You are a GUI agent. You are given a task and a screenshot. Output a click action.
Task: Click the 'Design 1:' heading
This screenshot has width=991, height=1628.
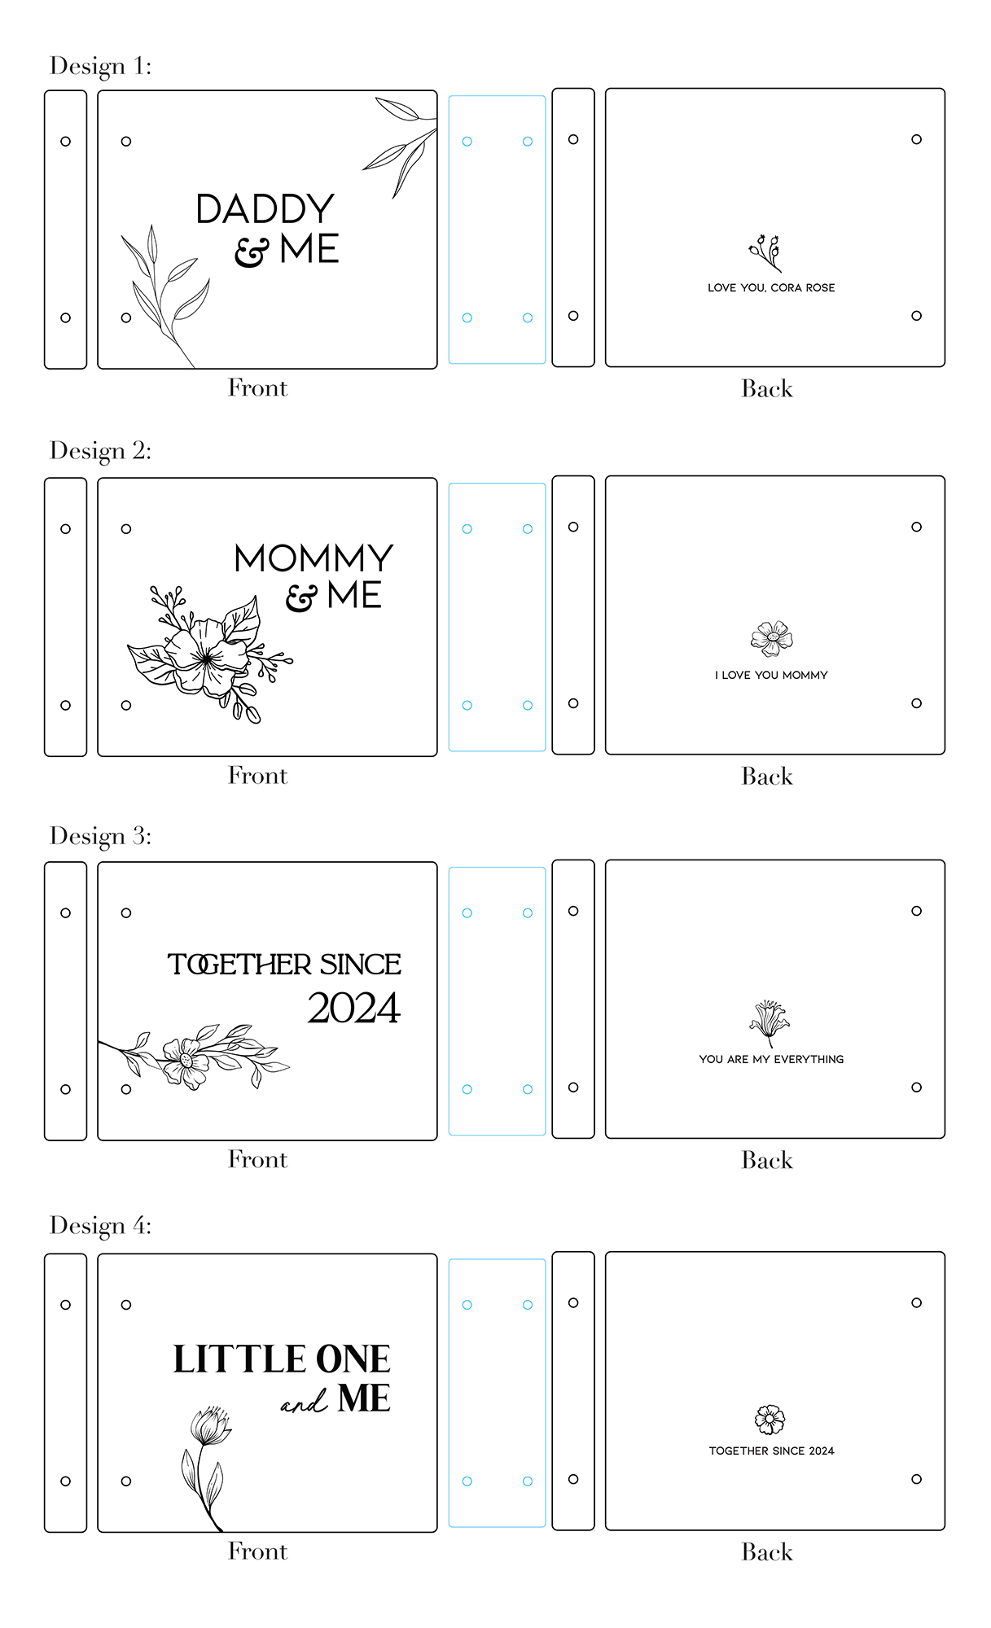[100, 66]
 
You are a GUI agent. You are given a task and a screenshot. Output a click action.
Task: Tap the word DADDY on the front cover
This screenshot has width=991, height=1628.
[265, 209]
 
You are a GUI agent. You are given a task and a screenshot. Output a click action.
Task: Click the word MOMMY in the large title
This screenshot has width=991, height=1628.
[314, 558]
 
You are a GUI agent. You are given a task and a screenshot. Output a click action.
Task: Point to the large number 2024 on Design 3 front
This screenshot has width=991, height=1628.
[354, 1008]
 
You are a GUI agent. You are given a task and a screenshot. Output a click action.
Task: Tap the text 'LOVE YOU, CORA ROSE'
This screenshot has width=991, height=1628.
[771, 287]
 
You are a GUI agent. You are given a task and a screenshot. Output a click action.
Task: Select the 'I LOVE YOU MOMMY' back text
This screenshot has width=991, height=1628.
[771, 675]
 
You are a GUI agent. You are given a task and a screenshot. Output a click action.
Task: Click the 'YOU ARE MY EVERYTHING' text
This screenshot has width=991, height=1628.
[771, 1059]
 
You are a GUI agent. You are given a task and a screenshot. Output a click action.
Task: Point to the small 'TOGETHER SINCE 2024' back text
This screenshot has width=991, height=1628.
[771, 1451]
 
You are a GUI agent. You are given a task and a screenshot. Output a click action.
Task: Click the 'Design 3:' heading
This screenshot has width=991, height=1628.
[100, 836]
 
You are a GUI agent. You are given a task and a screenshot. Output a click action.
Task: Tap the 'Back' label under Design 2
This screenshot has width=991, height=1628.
[767, 777]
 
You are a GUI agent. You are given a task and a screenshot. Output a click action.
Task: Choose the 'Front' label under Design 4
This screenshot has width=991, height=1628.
[257, 1551]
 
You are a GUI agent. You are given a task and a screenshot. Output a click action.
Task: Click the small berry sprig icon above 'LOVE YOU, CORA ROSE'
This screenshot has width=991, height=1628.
[765, 252]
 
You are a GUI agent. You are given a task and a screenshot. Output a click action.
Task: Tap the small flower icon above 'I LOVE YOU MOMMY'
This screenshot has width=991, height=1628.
[771, 639]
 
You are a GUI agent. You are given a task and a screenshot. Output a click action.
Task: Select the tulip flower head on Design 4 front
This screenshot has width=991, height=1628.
[210, 1426]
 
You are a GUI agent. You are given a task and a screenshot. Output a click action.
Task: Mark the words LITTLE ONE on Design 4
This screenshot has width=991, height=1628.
[282, 1359]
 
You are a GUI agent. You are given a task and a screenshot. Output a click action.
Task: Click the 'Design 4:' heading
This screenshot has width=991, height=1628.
[100, 1226]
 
